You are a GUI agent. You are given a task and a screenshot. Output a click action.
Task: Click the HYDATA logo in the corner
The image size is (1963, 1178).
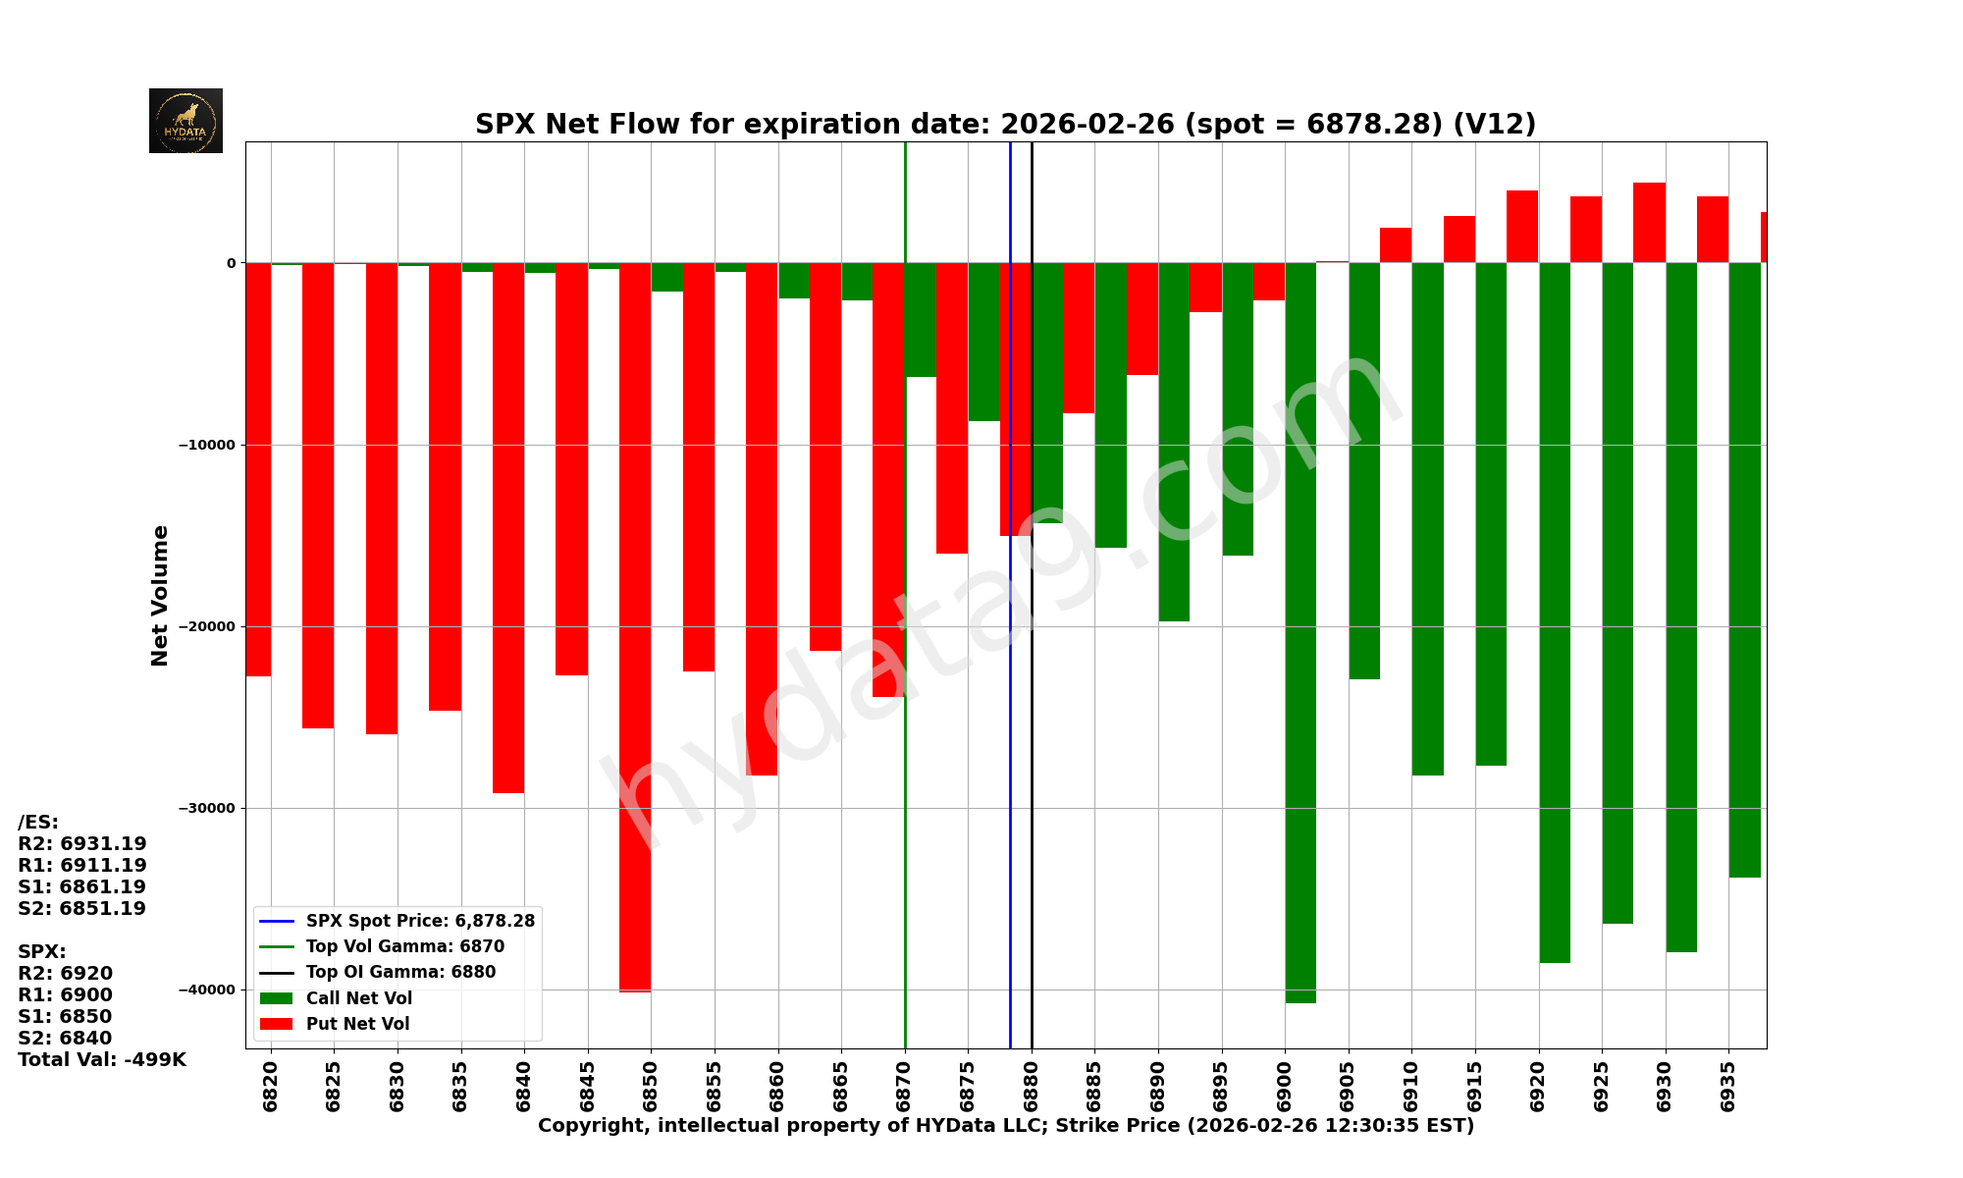(x=186, y=121)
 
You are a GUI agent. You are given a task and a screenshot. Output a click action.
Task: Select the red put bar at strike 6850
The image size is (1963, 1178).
(x=635, y=628)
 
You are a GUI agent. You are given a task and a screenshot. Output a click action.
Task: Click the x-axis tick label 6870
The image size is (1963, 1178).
(x=904, y=1085)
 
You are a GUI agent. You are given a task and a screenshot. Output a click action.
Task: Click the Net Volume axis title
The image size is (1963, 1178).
(x=160, y=595)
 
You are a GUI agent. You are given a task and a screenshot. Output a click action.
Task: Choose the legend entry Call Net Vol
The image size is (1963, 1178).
(x=358, y=998)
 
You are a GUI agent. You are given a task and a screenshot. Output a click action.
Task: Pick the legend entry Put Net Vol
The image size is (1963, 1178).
(x=357, y=1024)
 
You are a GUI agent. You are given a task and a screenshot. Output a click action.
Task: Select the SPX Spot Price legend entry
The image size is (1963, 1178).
(x=419, y=921)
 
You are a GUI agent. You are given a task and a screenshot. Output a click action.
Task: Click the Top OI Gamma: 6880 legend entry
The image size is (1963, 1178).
(x=400, y=972)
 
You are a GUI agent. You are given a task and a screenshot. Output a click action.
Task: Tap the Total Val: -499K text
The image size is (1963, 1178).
(x=102, y=1060)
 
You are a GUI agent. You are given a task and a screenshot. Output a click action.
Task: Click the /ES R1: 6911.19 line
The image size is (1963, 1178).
(x=82, y=866)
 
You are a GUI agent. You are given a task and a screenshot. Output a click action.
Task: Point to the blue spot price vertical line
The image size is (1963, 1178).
(x=1010, y=687)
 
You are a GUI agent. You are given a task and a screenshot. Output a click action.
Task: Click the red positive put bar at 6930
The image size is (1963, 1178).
(x=1649, y=223)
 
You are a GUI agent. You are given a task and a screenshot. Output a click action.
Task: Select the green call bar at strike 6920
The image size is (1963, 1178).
(x=1555, y=609)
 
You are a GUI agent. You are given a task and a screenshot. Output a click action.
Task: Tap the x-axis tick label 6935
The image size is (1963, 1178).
(x=1728, y=1085)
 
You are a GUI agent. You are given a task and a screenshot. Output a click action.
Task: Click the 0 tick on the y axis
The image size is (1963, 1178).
(x=232, y=263)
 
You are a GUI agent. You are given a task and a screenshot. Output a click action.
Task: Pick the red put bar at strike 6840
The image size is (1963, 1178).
(x=508, y=530)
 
